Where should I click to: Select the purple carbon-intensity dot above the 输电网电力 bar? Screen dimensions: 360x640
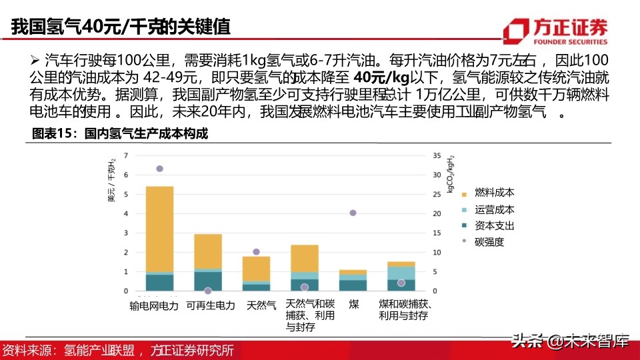pyautogui.click(x=159, y=169)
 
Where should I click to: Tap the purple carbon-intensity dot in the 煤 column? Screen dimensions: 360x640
pyautogui.click(x=353, y=213)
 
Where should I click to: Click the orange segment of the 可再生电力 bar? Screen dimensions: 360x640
pyautogui.click(x=208, y=251)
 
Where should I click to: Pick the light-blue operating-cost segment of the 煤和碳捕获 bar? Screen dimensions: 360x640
pyautogui.click(x=401, y=273)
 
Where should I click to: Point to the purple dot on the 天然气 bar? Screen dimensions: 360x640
pyautogui.click(x=256, y=252)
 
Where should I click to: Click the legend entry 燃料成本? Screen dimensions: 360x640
pyautogui.click(x=494, y=193)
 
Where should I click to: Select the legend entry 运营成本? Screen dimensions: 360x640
pyautogui.click(x=494, y=209)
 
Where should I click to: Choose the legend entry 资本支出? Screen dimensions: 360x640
pyautogui.click(x=494, y=226)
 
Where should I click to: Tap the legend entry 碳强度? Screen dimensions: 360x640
pyautogui.click(x=489, y=242)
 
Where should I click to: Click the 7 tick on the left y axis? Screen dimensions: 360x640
pyautogui.click(x=126, y=155)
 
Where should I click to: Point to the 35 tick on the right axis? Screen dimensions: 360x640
pyautogui.click(x=437, y=155)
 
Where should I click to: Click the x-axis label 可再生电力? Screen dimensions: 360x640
pyautogui.click(x=211, y=305)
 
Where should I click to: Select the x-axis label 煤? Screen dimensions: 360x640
pyautogui.click(x=353, y=305)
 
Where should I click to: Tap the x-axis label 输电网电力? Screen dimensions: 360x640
pyautogui.click(x=155, y=305)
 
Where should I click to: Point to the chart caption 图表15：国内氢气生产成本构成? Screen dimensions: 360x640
pyautogui.click(x=121, y=134)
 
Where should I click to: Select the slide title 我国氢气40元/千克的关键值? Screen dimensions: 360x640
pyautogui.click(x=121, y=27)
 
